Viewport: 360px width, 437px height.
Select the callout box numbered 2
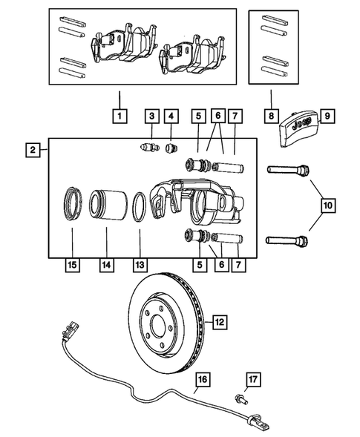33,151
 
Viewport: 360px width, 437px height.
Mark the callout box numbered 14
106,265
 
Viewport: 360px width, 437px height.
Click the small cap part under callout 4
171,148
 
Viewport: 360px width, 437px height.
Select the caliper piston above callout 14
106,207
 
